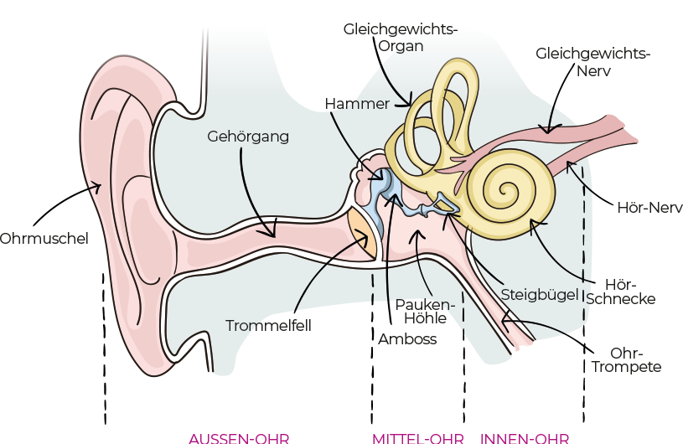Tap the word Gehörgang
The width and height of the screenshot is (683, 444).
(248, 136)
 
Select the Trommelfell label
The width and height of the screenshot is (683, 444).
(268, 325)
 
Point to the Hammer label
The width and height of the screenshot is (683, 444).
(357, 104)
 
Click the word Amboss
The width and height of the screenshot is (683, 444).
(407, 339)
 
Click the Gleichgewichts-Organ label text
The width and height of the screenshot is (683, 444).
(400, 38)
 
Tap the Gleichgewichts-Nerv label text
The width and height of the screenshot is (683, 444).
(593, 63)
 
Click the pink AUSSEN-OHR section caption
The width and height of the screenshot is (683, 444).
(239, 438)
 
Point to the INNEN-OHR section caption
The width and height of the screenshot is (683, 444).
(525, 438)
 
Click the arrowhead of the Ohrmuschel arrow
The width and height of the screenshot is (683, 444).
(100, 188)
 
